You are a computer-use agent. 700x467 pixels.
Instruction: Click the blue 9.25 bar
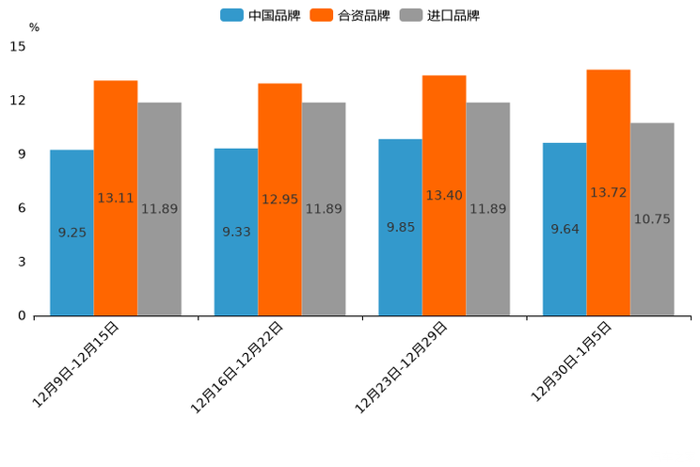[72, 233]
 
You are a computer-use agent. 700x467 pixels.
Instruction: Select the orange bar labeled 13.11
[116, 198]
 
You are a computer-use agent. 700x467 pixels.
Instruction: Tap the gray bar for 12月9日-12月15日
[159, 209]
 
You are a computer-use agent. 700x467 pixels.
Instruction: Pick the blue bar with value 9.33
[236, 232]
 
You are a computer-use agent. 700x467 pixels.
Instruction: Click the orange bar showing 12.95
[279, 200]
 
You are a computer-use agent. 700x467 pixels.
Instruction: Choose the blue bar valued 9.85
[400, 227]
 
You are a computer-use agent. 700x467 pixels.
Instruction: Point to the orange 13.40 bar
[444, 195]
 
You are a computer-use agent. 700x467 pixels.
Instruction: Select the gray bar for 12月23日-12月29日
[487, 209]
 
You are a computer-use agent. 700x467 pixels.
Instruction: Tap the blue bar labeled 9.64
[565, 229]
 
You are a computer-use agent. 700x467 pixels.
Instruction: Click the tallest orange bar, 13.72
[608, 192]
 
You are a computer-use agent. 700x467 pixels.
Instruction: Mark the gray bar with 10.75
[652, 219]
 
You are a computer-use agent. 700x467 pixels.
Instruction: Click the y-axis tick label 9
[21, 154]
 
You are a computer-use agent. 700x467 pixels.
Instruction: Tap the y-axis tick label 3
[21, 262]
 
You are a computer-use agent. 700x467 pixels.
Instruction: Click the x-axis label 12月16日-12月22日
[237, 366]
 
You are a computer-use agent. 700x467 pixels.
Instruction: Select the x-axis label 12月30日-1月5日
[571, 362]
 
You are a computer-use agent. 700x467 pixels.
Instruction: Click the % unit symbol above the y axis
[34, 27]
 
